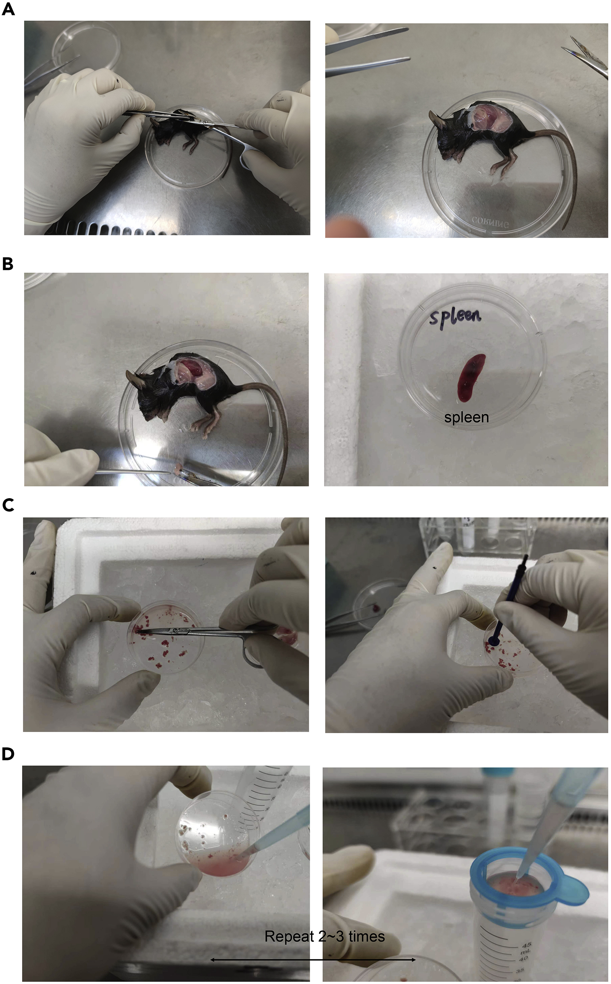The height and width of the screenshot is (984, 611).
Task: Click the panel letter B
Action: tap(8, 264)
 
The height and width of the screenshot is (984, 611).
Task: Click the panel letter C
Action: tap(8, 505)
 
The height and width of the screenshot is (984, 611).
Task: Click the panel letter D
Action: tap(8, 754)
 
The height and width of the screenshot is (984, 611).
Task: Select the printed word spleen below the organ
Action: tap(466, 417)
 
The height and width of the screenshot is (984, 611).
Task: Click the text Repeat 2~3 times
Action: tap(324, 936)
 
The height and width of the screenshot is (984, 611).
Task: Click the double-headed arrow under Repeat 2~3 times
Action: tap(313, 959)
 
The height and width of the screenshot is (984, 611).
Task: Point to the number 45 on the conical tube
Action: tap(527, 945)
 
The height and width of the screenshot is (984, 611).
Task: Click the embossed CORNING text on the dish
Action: tap(490, 222)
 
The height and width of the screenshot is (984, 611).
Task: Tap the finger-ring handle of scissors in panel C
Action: tap(251, 657)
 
